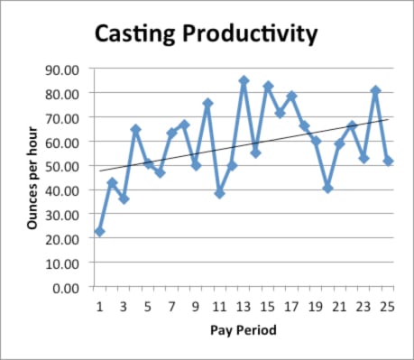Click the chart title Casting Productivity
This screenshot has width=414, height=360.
207,34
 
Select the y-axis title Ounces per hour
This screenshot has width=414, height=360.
32,178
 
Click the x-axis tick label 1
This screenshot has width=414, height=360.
99,306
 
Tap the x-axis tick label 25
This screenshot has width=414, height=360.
388,306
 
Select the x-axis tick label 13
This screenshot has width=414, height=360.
244,306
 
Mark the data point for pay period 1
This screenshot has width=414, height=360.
99,232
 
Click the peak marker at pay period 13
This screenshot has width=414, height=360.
244,80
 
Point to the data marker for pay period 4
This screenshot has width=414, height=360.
135,130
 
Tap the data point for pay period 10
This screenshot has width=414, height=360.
207,104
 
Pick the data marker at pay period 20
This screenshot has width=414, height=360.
327,188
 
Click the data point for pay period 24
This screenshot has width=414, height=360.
375,90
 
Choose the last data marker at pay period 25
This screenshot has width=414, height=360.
388,161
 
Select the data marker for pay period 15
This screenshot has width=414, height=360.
268,86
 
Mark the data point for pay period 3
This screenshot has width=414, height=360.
124,198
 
